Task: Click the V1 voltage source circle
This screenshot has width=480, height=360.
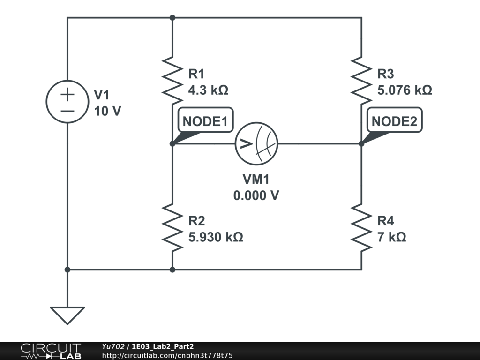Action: [67, 102]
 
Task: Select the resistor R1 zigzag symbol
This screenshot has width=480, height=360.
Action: [172, 80]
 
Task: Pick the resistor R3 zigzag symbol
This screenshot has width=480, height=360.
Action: [361, 80]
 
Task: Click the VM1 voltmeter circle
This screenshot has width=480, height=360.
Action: [256, 143]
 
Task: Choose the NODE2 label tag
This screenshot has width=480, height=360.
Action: [394, 121]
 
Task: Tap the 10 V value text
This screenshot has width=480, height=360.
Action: [107, 112]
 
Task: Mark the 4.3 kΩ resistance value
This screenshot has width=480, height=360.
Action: [208, 90]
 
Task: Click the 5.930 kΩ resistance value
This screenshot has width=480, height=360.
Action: [216, 237]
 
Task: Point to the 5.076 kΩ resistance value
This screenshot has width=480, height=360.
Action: [405, 90]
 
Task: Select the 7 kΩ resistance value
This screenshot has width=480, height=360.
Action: [391, 237]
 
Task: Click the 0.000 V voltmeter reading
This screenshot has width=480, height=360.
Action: [256, 195]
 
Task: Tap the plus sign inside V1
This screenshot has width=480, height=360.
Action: [67, 95]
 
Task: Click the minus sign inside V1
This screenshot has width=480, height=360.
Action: [67, 111]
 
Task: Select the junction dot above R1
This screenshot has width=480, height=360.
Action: [172, 18]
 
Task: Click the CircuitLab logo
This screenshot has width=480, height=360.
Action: [51, 351]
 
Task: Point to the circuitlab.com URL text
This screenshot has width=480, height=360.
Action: [167, 356]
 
